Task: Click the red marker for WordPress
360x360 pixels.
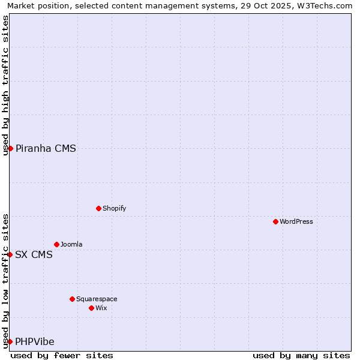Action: tap(275, 221)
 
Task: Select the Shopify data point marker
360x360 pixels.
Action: tap(98, 208)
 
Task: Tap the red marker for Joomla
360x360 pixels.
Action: tap(56, 244)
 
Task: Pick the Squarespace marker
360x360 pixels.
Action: tap(72, 299)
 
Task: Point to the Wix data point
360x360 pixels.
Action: tap(91, 308)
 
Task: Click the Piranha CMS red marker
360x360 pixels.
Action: tap(10, 148)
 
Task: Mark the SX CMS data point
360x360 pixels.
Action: tap(10, 254)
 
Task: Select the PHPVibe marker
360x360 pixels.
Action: tap(10, 341)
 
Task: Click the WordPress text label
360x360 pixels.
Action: tap(296, 221)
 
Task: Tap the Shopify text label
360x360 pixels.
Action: tap(115, 208)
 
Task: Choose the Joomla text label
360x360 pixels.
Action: tap(71, 244)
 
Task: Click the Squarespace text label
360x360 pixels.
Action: tap(97, 299)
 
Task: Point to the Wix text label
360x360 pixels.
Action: tap(101, 308)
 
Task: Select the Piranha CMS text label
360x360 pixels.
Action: tap(46, 149)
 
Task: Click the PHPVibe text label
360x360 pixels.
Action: tap(35, 342)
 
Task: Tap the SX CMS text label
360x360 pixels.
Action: tap(34, 254)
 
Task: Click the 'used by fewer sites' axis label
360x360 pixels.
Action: tap(62, 355)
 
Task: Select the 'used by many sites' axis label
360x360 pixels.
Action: tap(301, 355)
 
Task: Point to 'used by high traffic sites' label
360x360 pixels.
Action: tap(5, 85)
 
